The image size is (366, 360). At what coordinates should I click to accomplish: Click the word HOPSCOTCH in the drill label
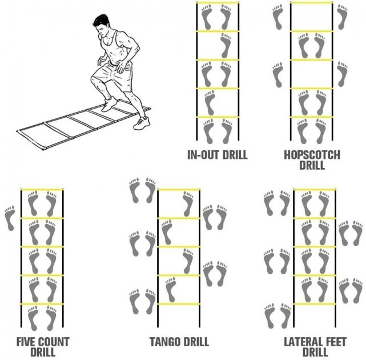(312, 155)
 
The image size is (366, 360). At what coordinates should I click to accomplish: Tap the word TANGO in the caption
(163, 342)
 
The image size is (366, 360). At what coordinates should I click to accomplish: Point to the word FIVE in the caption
(25, 342)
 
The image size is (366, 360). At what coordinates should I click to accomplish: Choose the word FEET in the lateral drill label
(333, 342)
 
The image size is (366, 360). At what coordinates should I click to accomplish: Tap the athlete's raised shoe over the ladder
(109, 104)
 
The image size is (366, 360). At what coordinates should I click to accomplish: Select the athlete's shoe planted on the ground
(141, 123)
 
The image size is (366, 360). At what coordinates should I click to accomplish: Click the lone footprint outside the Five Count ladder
(10, 218)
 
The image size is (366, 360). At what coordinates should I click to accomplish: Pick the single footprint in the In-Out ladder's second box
(226, 46)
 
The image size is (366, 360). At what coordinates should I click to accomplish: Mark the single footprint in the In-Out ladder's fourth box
(210, 103)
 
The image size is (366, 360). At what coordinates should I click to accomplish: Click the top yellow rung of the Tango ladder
(179, 190)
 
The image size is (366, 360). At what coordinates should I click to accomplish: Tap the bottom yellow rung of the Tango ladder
(179, 304)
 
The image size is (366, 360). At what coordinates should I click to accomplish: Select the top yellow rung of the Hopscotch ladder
(312, 3)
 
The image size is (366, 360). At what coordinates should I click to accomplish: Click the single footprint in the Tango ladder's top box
(188, 204)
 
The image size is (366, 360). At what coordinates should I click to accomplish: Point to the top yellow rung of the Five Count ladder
(42, 189)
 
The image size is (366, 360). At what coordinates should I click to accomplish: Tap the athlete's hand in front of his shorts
(121, 66)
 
